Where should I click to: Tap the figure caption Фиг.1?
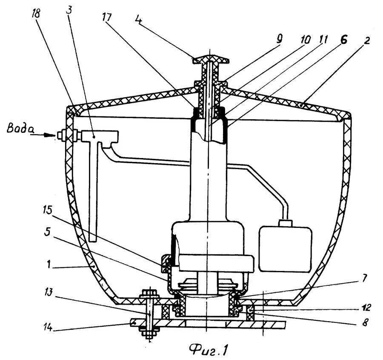point(208,349)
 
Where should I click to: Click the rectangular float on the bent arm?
point(285,249)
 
